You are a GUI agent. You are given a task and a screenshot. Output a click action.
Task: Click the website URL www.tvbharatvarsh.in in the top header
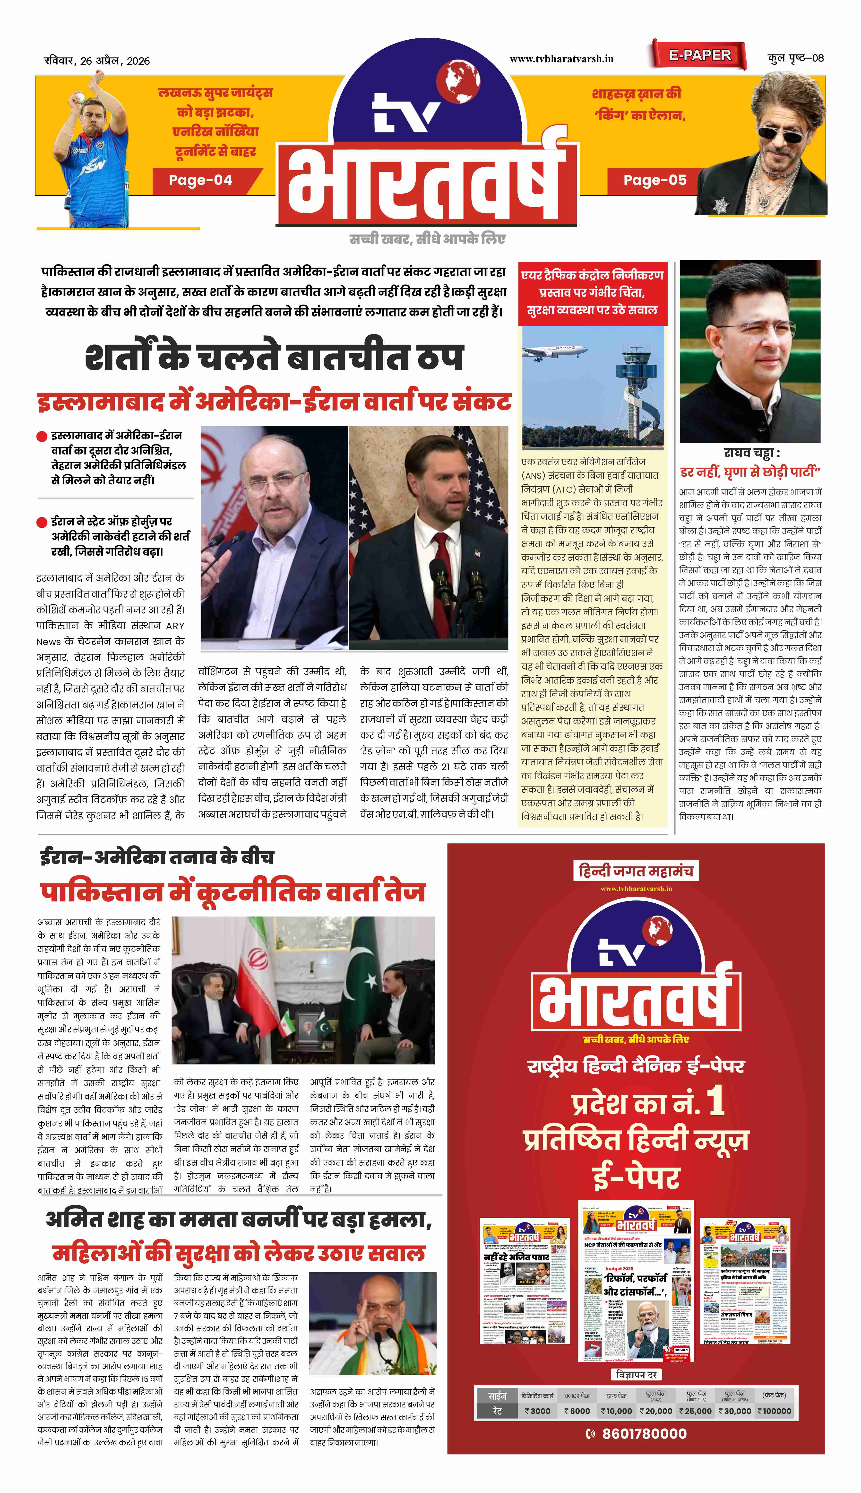click(x=561, y=59)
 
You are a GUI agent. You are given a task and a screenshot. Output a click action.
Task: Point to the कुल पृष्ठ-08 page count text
click(x=795, y=58)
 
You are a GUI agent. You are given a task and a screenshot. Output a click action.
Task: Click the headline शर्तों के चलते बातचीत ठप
click(x=274, y=357)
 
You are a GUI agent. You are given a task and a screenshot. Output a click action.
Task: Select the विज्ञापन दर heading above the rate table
click(x=636, y=1375)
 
